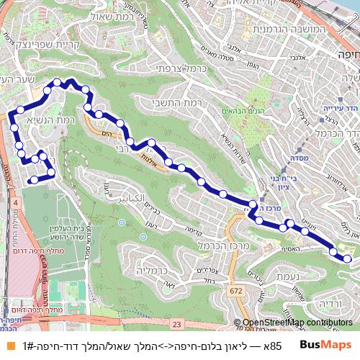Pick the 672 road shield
point(235,290)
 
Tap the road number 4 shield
point(16,204)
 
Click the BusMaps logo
point(325,344)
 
